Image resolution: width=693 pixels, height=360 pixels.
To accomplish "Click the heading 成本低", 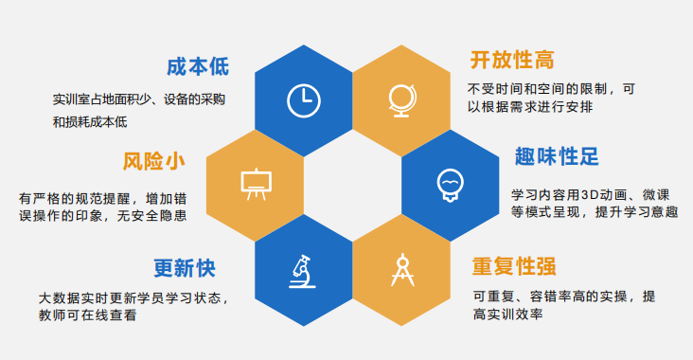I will [x=197, y=66].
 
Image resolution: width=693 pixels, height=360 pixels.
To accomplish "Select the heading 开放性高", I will [x=511, y=60].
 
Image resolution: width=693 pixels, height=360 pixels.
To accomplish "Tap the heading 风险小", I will [x=152, y=160].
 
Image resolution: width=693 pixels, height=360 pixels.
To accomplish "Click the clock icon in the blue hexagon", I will [x=303, y=99].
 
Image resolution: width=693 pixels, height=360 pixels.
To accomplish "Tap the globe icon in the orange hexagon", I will [x=399, y=99].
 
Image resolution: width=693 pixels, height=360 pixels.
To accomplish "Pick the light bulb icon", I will [x=448, y=182].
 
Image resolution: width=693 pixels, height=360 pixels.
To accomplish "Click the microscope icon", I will [x=303, y=269].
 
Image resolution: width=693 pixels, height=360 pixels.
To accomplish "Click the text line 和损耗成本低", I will [x=90, y=121].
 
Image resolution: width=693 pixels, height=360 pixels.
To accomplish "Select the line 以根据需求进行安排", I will [x=531, y=107].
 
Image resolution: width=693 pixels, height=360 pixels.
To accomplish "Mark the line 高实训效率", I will [x=506, y=315].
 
